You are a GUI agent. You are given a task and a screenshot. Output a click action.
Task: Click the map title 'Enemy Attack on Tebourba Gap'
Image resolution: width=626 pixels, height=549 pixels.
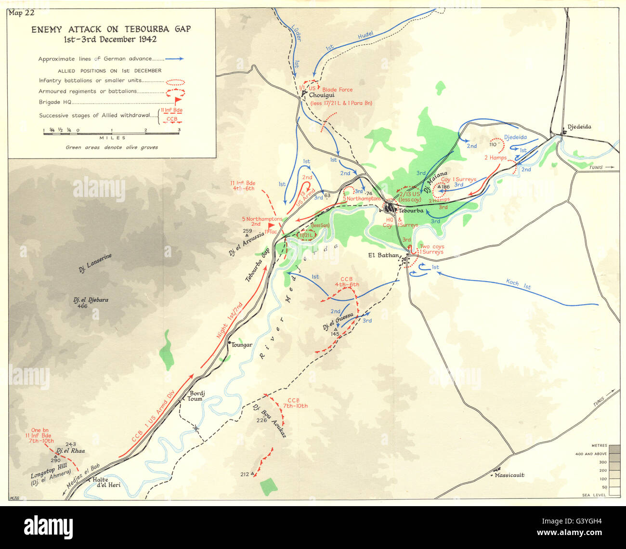point(111,29)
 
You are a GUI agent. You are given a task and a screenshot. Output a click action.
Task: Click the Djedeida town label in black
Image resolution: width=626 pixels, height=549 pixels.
point(579,127)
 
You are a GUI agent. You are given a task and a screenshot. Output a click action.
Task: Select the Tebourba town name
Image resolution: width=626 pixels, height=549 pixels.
point(410,211)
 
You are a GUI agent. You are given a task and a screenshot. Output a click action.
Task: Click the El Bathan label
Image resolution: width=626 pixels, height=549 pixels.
point(383,255)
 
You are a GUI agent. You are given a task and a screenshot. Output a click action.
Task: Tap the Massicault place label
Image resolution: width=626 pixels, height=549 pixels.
point(509,475)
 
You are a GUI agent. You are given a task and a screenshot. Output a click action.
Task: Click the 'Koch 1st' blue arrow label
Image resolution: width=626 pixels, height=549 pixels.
point(518,284)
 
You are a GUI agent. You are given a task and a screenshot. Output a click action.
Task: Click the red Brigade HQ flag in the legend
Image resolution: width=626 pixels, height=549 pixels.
point(178,101)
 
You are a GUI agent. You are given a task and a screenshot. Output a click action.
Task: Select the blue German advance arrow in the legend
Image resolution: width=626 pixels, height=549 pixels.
point(174,59)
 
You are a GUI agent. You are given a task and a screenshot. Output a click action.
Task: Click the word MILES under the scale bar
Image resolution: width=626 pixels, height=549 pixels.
point(112,138)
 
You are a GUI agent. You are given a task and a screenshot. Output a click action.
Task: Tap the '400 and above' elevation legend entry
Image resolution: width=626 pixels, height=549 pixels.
point(593,454)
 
